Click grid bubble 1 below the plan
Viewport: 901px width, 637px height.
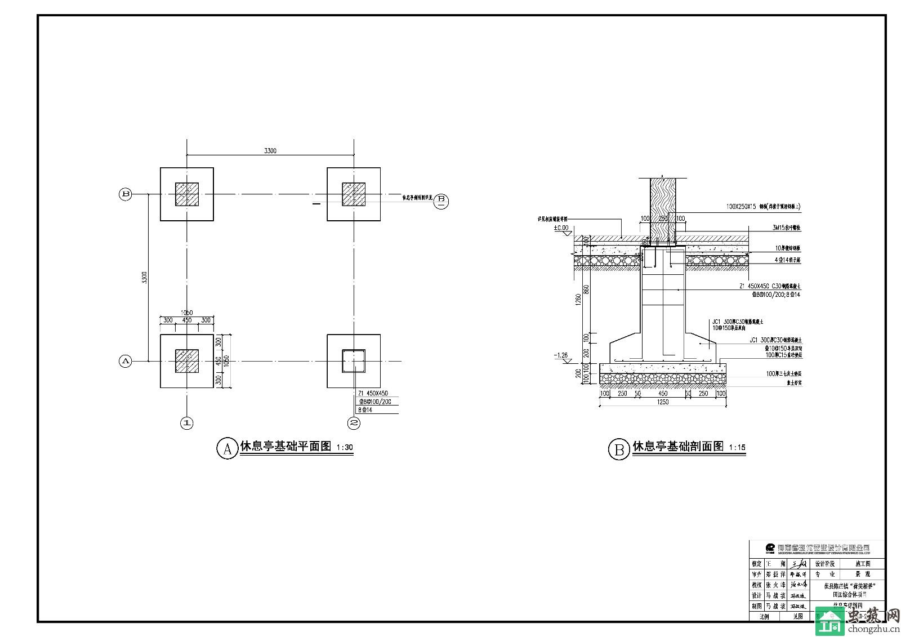pyautogui.click(x=186, y=422)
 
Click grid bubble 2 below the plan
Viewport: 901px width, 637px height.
pyautogui.click(x=354, y=422)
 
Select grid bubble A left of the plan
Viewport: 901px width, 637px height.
pyautogui.click(x=125, y=361)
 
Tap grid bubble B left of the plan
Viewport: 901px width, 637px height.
pyautogui.click(x=125, y=194)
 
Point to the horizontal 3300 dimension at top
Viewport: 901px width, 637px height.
pyautogui.click(x=270, y=151)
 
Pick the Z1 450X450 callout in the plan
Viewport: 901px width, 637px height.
pyautogui.click(x=373, y=393)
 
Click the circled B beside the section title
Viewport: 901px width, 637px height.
pyautogui.click(x=619, y=449)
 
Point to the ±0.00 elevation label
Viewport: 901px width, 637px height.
pyautogui.click(x=561, y=229)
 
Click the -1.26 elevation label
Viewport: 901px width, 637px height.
pyautogui.click(x=561, y=355)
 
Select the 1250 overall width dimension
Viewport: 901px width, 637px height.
pyautogui.click(x=663, y=402)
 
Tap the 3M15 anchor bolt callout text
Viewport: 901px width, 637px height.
pyautogui.click(x=787, y=228)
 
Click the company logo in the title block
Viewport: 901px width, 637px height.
pyautogui.click(x=770, y=547)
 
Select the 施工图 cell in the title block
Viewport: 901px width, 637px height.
pyautogui.click(x=862, y=564)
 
